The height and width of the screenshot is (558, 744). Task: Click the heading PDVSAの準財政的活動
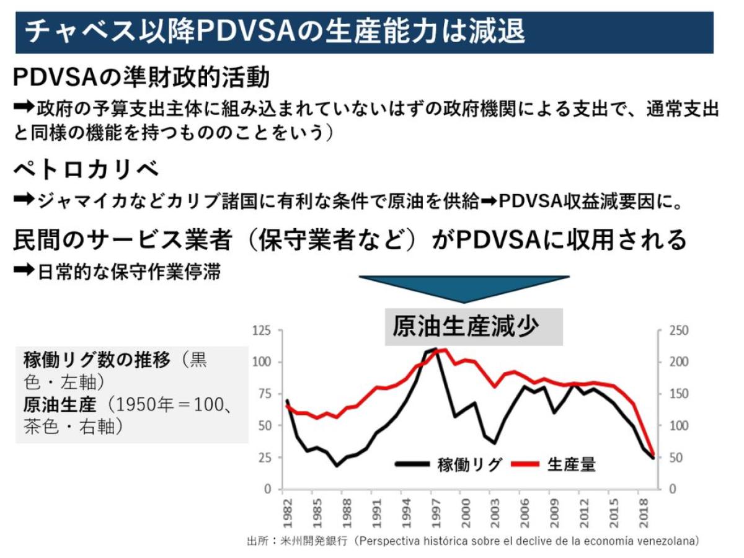[141, 79]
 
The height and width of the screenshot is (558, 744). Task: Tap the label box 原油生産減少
[474, 326]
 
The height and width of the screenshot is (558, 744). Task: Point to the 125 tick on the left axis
[262, 330]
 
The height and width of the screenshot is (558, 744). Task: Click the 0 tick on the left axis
[268, 489]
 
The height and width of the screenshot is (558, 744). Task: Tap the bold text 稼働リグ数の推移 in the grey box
[97, 360]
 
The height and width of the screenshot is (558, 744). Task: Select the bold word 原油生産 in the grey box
[60, 405]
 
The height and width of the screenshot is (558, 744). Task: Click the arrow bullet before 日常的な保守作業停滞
[23, 272]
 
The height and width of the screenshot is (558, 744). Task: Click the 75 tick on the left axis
[265, 394]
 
